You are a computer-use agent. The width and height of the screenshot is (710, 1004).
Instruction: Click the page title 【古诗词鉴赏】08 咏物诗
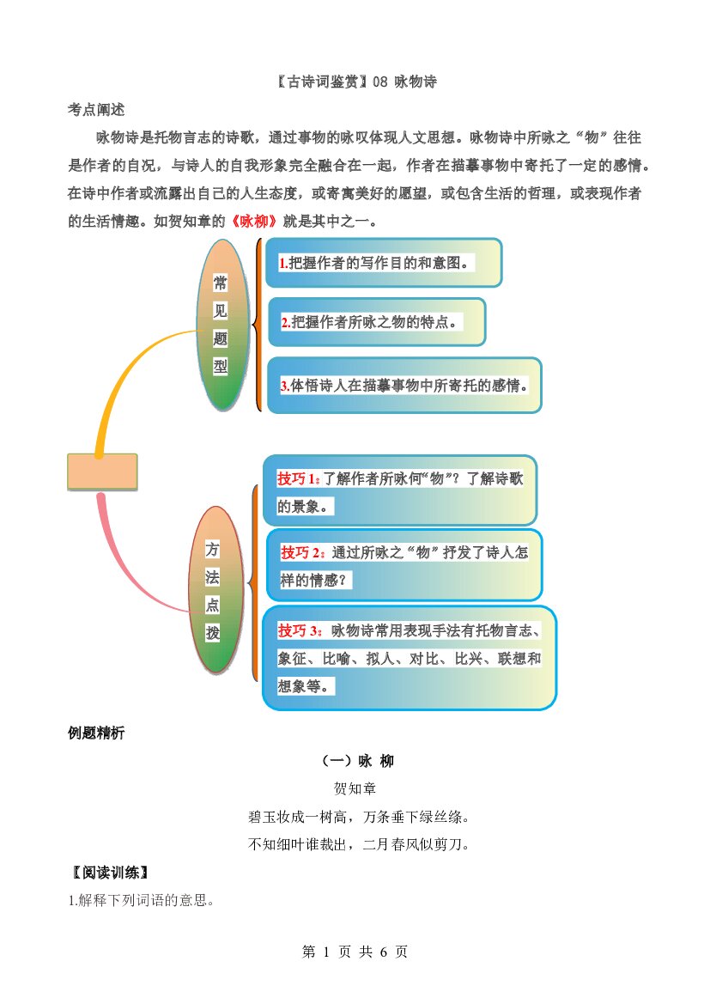(357, 82)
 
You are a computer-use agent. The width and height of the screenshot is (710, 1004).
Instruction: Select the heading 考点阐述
(96, 109)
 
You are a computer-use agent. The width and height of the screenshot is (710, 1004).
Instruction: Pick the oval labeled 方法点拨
(215, 590)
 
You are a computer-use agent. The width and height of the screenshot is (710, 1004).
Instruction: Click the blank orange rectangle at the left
(102, 472)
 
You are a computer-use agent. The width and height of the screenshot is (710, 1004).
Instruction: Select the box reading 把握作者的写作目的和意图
(384, 263)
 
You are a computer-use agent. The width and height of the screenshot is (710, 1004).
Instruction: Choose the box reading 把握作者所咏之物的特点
(376, 322)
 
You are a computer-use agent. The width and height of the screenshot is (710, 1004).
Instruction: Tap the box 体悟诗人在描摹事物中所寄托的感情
(404, 386)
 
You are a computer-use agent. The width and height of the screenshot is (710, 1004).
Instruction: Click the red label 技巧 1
(299, 478)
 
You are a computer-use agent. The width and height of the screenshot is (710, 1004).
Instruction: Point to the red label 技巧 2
(303, 552)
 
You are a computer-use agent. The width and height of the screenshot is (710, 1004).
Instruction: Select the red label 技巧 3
(300, 630)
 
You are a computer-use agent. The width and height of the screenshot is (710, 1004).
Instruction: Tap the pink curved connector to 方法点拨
(131, 570)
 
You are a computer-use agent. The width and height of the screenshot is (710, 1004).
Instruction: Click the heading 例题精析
(96, 733)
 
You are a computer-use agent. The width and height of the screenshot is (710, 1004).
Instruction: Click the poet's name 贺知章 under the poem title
(355, 788)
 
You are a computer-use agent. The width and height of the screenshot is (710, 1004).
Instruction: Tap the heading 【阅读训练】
(110, 872)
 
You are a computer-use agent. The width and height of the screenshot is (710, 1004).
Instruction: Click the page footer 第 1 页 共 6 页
(355, 952)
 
